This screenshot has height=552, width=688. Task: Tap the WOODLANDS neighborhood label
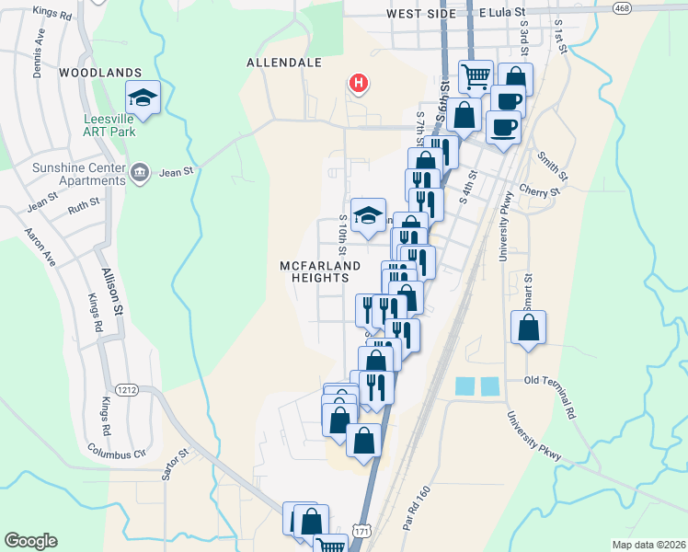click(x=100, y=72)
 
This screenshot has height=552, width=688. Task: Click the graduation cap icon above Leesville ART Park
click(x=143, y=96)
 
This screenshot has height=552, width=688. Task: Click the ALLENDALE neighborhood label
click(x=284, y=63)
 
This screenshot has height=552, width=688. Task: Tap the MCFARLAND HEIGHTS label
click(x=315, y=271)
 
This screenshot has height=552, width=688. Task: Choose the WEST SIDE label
click(x=421, y=15)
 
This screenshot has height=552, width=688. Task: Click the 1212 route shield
click(x=127, y=390)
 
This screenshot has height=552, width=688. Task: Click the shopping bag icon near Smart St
click(x=529, y=328)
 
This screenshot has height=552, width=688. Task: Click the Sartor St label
click(x=175, y=466)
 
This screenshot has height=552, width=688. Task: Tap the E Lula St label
click(x=502, y=14)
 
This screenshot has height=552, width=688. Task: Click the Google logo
click(x=30, y=541)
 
